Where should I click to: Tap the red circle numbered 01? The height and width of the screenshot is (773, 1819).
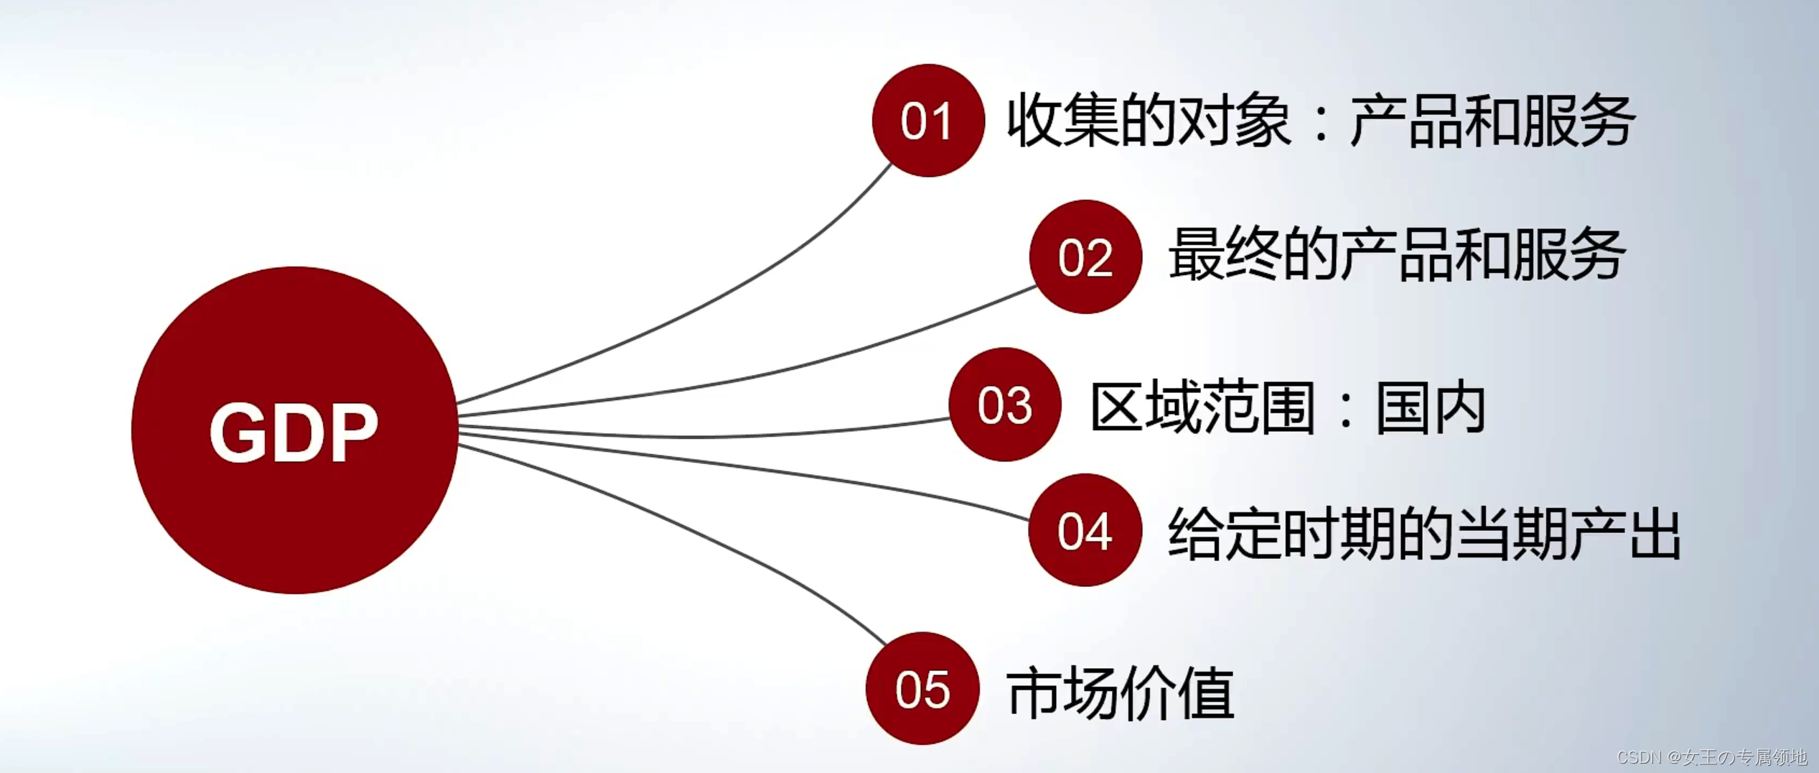[x=927, y=121]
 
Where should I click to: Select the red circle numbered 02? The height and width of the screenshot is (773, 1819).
[x=1085, y=256]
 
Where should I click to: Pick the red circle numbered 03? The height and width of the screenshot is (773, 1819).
[x=1004, y=404]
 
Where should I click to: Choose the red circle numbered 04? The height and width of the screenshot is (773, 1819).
[x=1085, y=530]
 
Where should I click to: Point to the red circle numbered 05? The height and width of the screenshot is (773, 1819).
[x=922, y=688]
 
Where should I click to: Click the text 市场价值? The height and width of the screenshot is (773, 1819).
[x=1120, y=693]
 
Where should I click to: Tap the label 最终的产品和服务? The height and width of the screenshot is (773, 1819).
[x=1397, y=254]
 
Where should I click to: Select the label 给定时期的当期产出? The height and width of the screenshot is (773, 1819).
[x=1424, y=534]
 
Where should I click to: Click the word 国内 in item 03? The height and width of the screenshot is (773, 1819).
[x=1431, y=408]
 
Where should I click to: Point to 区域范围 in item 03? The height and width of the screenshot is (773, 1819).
[x=1203, y=408]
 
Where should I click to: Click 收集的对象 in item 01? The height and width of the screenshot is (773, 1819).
[x=1149, y=121]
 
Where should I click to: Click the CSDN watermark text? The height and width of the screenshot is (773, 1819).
[x=1712, y=757]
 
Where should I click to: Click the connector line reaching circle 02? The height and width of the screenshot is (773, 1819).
[x=790, y=367]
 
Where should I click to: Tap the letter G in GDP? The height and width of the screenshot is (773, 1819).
[x=237, y=431]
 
